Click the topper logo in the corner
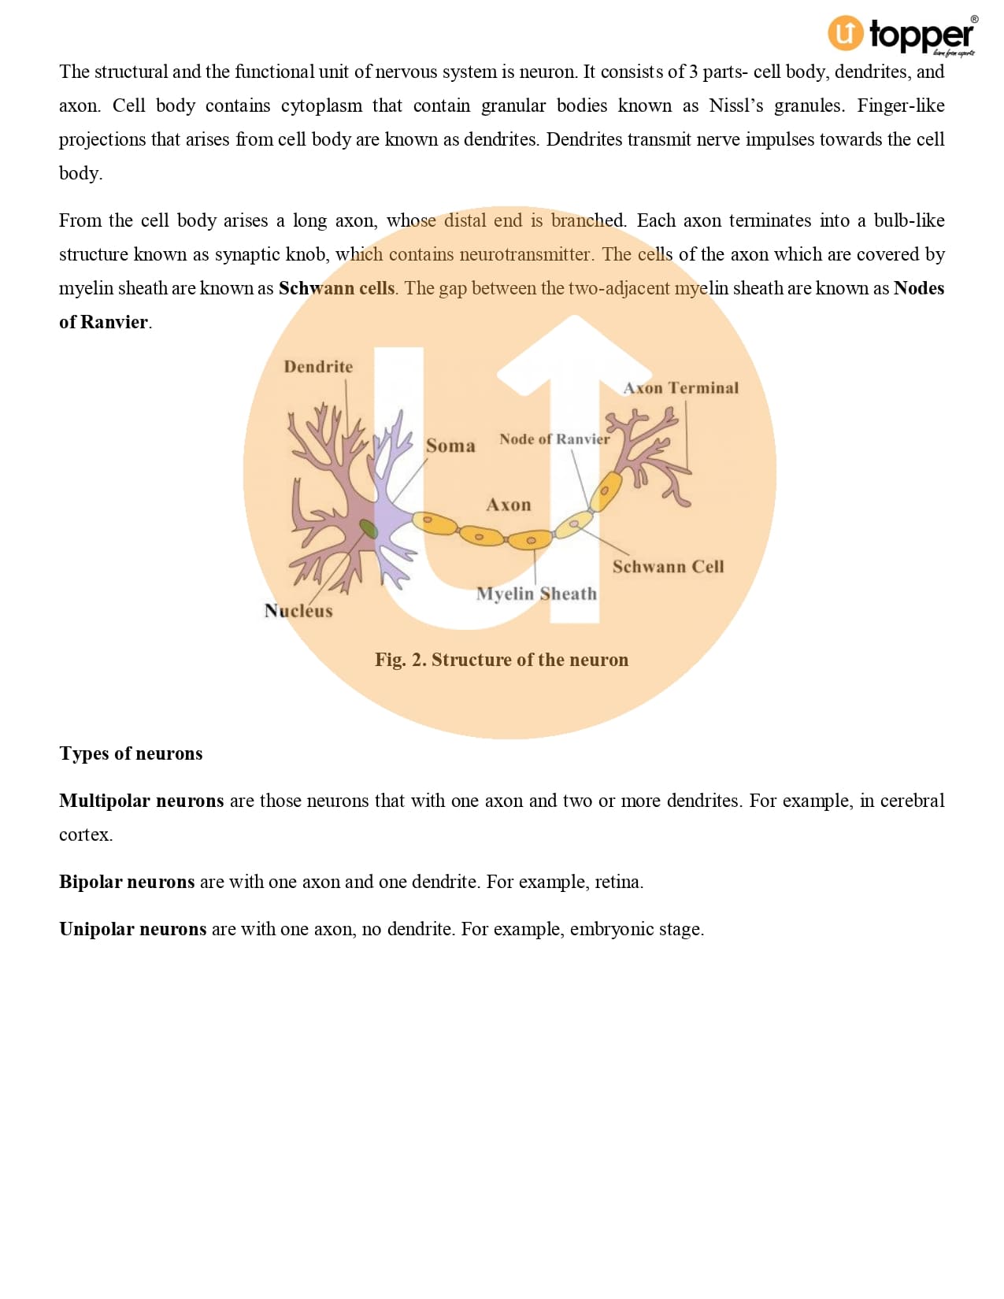(902, 35)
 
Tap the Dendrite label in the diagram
(318, 366)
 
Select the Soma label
(450, 446)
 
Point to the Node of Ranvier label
(554, 439)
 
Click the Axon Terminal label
(680, 388)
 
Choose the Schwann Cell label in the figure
(668, 566)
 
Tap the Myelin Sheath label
(536, 594)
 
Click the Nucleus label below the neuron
(298, 610)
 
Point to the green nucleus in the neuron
(368, 528)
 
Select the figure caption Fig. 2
(501, 660)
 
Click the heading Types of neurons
(131, 753)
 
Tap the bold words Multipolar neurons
(142, 801)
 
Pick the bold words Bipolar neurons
(127, 882)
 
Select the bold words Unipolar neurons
(133, 929)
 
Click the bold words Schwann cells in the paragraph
(337, 288)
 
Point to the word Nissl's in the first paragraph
(736, 105)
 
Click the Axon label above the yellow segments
(508, 505)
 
